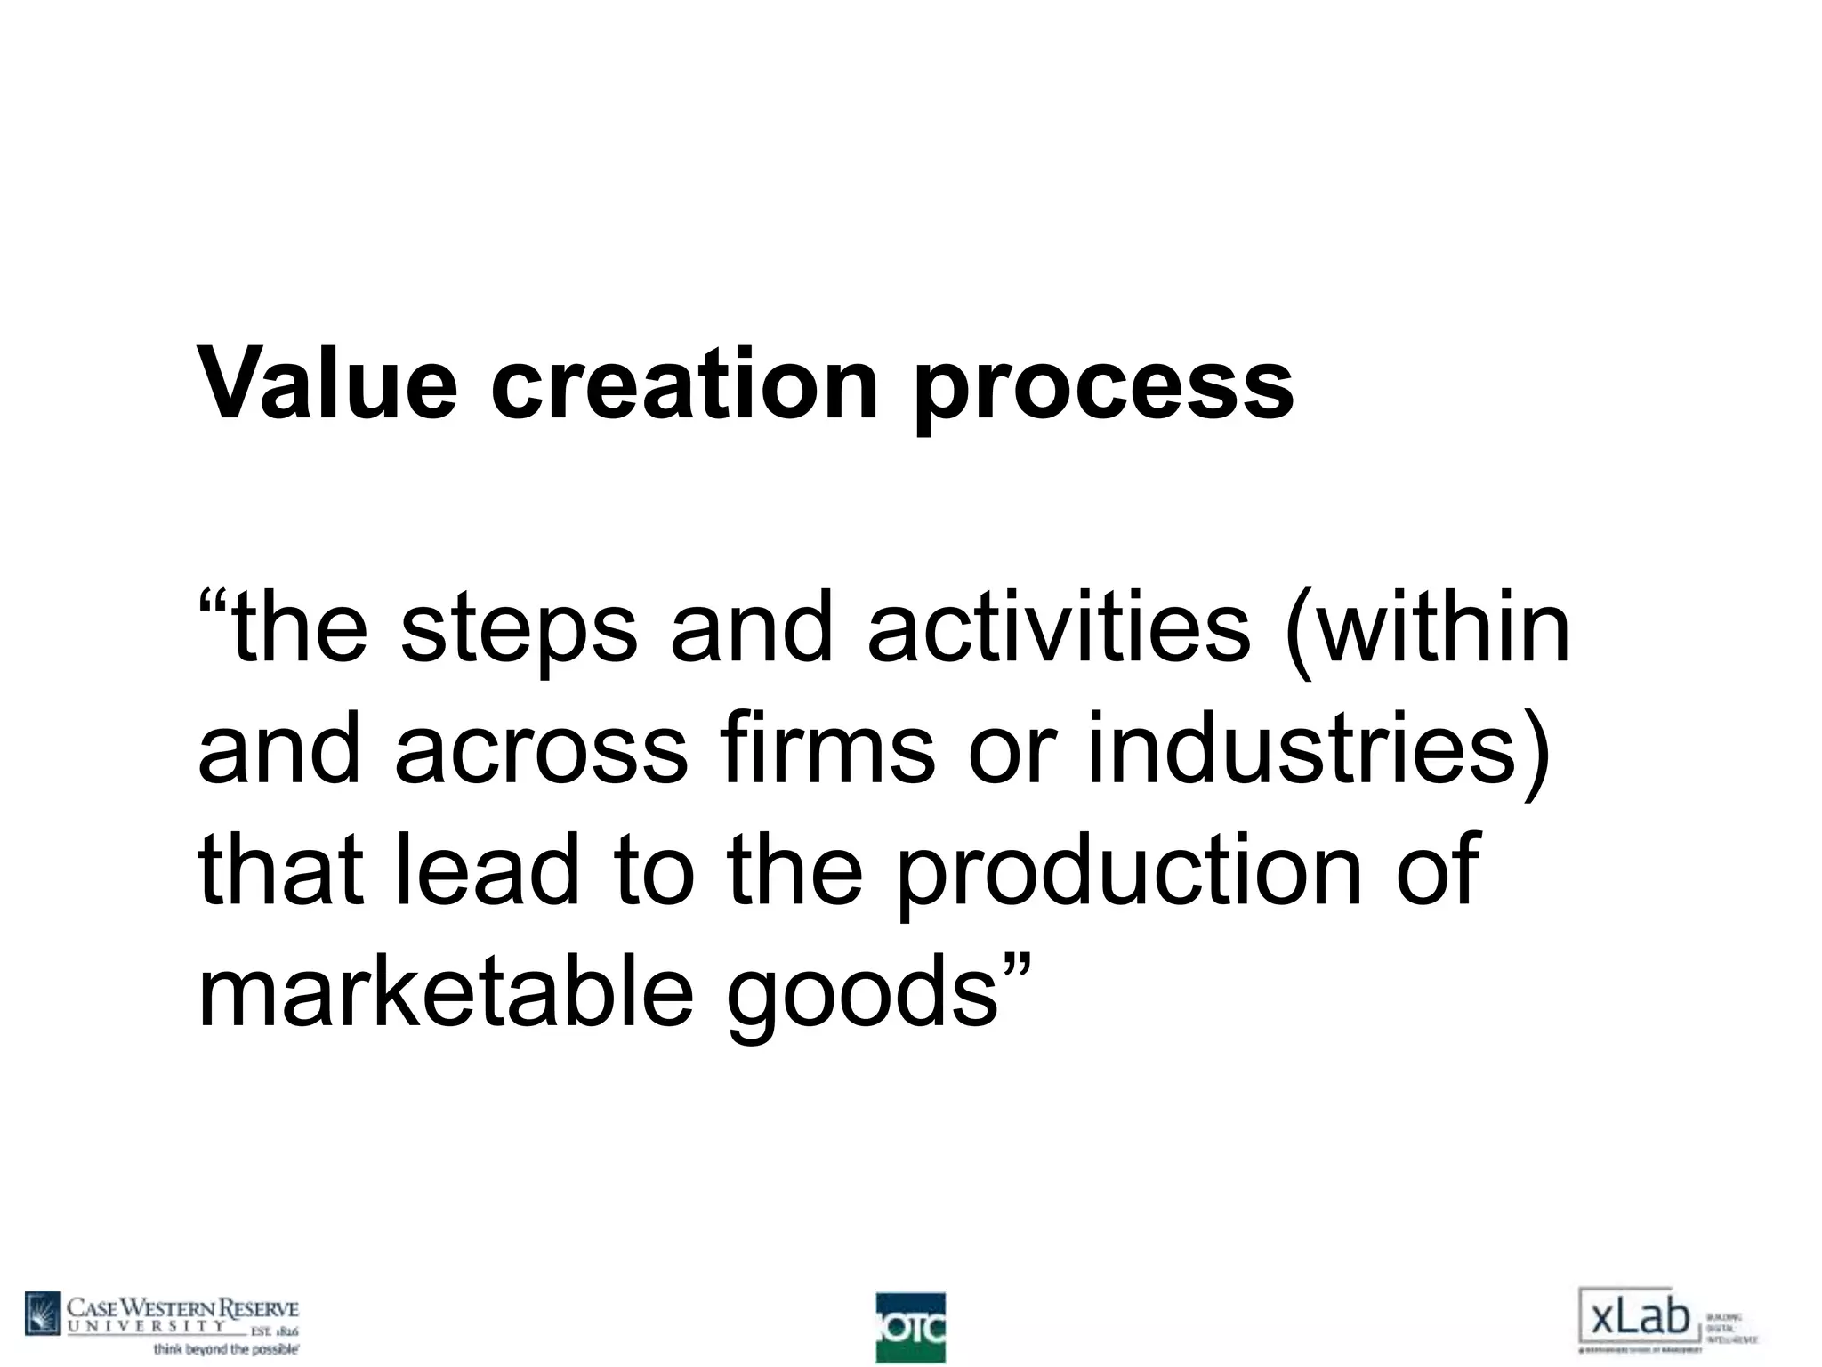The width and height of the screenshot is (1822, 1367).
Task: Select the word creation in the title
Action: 684,385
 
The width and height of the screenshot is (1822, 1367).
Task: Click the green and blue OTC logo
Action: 910,1327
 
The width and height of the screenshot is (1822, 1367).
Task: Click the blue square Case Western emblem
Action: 43,1314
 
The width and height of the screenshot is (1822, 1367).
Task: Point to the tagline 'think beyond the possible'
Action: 226,1349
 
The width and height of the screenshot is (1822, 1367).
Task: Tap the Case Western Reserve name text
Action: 183,1309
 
